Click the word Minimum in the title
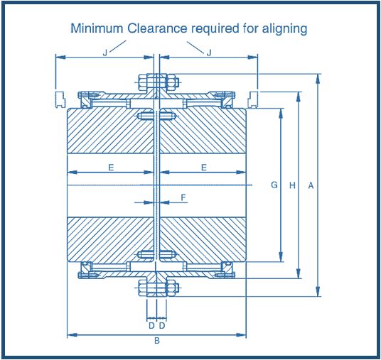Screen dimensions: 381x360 (97, 28)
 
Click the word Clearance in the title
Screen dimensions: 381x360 (157, 28)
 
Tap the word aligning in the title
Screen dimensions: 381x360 (284, 29)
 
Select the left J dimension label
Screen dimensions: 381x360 (105, 53)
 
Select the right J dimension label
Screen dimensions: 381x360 (209, 53)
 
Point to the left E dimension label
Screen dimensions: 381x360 (111, 168)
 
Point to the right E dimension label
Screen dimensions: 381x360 (204, 168)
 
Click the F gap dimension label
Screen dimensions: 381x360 (183, 197)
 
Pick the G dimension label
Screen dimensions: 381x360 (274, 185)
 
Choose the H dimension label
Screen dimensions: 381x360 (292, 185)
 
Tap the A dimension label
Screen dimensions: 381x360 (311, 185)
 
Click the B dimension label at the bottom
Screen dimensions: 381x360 (157, 341)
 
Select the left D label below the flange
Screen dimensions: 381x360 (151, 325)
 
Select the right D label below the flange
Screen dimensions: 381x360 (162, 325)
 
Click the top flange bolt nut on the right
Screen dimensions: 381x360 (171, 82)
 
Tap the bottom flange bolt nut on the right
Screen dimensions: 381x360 (171, 288)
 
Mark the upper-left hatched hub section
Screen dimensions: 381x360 (111, 131)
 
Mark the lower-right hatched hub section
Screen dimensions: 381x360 (203, 239)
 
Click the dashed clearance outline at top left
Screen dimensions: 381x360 (60, 99)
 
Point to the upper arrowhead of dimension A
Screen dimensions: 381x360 (318, 79)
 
